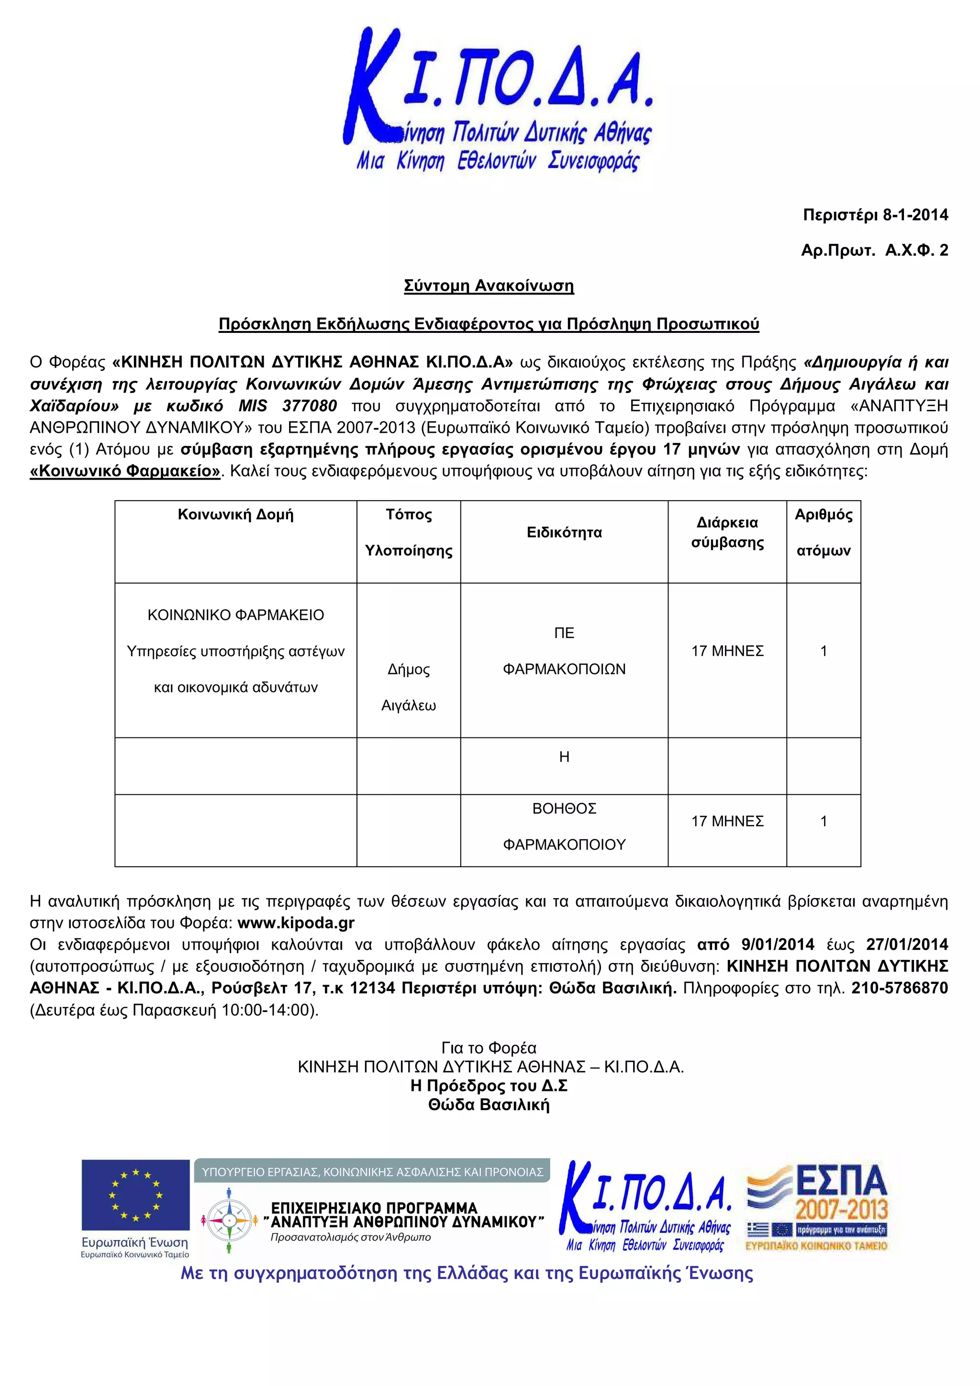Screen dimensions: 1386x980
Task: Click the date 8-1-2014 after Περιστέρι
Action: coord(915,215)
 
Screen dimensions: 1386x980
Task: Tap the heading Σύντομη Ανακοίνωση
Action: coord(489,286)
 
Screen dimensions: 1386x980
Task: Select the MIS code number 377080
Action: coord(309,406)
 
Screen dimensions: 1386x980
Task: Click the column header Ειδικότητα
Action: coord(564,532)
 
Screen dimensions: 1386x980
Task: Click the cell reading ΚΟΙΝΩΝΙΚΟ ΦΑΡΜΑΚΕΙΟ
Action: coord(235,615)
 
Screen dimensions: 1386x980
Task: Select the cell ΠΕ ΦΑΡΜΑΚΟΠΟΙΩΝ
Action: coord(564,651)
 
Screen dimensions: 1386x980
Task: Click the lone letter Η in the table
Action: coord(564,757)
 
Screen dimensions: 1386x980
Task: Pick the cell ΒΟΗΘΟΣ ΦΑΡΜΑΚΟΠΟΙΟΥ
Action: coord(564,826)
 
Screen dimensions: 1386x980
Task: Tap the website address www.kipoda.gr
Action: coord(296,923)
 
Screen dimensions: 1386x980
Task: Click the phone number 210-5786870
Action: coord(899,988)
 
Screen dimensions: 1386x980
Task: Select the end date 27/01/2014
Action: coord(907,945)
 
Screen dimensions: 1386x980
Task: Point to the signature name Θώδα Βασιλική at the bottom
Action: coord(489,1105)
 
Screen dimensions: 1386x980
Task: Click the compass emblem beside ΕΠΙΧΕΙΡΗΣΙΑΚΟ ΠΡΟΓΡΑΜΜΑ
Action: coord(229,1221)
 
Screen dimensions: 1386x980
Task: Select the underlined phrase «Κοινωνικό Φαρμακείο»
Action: coord(125,471)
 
